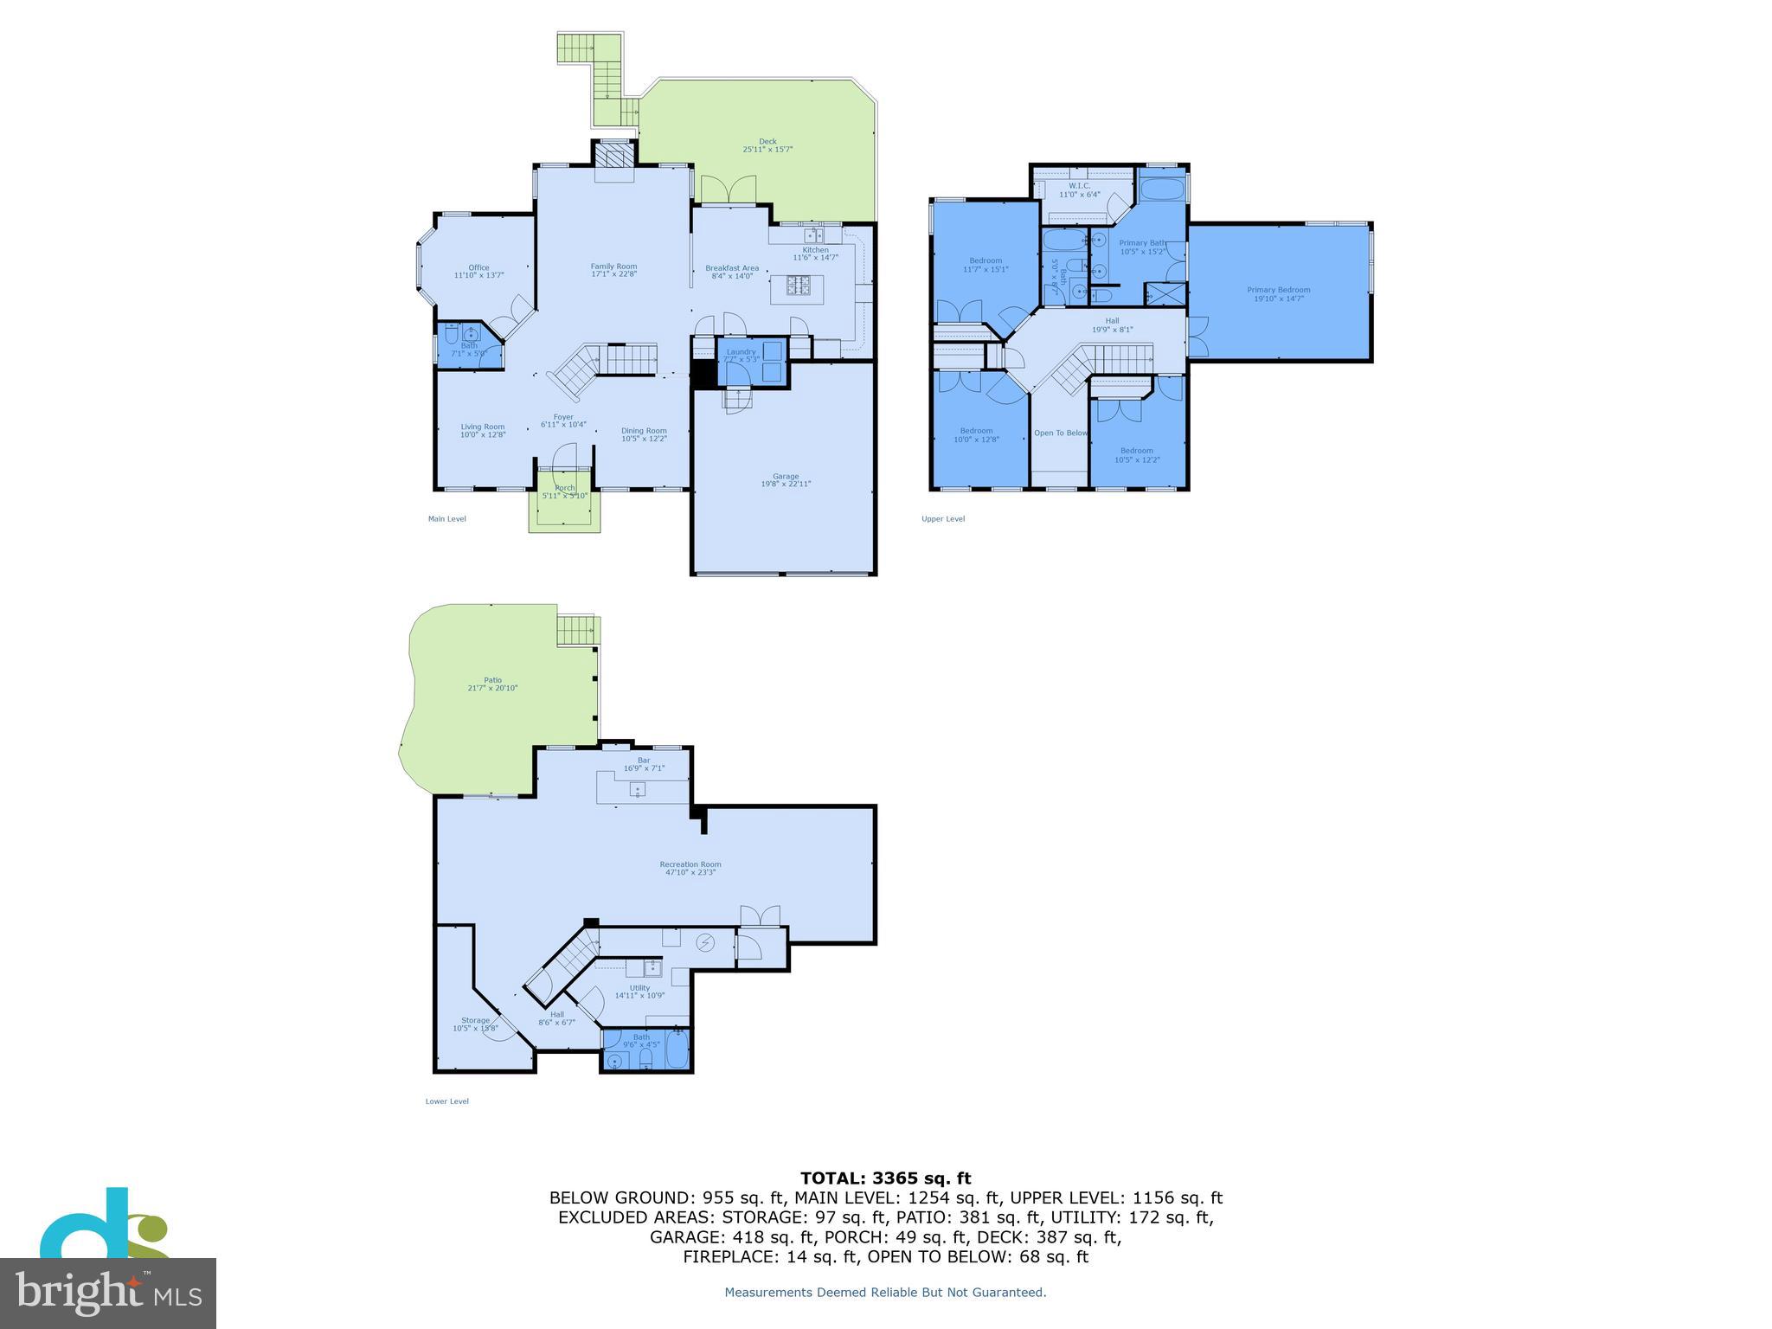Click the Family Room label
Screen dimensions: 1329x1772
point(613,266)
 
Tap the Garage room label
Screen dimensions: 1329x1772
point(786,476)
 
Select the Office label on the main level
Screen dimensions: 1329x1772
point(478,267)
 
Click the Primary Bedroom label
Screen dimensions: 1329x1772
point(1278,290)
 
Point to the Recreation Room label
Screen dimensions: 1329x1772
point(690,864)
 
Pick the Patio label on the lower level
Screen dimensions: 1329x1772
point(492,680)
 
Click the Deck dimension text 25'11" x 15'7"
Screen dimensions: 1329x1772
point(767,150)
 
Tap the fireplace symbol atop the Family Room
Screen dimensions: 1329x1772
point(614,158)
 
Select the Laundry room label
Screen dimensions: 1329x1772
point(741,351)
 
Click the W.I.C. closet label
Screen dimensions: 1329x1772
point(1079,186)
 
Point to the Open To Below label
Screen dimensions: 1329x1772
point(1061,433)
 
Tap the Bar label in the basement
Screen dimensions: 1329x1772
point(644,761)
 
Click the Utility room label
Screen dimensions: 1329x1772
point(639,988)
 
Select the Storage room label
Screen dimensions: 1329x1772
point(475,1020)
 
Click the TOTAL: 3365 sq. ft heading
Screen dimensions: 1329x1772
point(885,1178)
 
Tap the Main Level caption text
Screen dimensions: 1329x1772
point(446,519)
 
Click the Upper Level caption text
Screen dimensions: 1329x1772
point(943,519)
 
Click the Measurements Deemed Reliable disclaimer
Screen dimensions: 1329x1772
point(885,1293)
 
